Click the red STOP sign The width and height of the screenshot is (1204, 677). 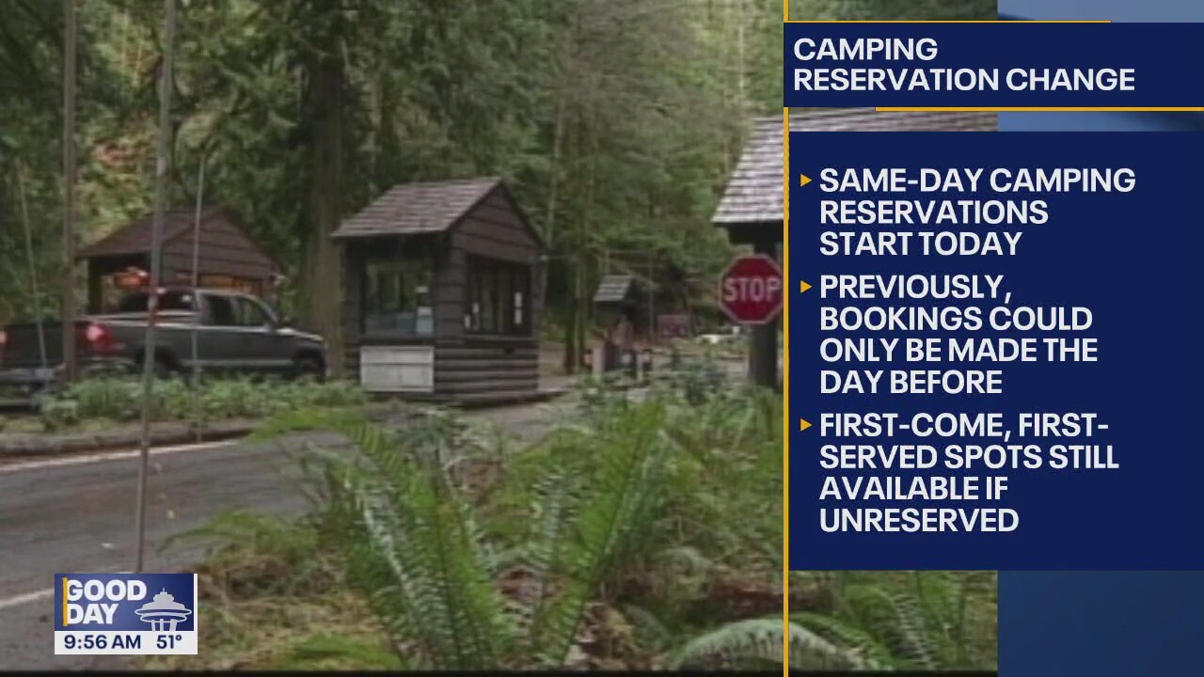[751, 290]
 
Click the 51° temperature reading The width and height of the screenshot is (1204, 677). [170, 642]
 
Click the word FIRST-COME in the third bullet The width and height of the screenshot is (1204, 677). [908, 426]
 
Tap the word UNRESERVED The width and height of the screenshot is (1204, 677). [918, 520]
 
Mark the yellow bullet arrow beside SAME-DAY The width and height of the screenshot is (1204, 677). [805, 180]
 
